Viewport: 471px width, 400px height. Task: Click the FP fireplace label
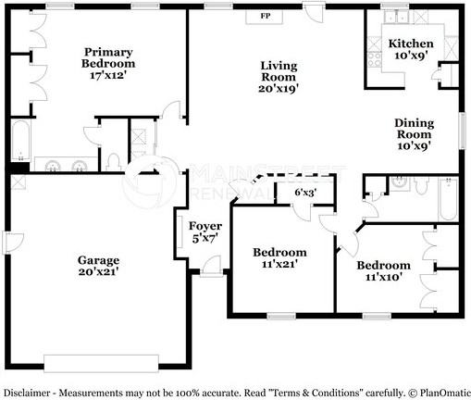click(266, 16)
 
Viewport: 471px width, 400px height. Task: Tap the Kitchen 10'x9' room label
click(411, 49)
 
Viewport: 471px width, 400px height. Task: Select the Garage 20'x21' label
click(98, 266)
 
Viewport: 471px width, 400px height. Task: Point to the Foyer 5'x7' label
click(205, 231)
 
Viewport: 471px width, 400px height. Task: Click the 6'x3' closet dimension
click(305, 193)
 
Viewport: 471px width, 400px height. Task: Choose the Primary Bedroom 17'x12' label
click(108, 63)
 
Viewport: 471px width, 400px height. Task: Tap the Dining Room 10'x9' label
click(415, 134)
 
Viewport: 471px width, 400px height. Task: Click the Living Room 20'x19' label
click(279, 77)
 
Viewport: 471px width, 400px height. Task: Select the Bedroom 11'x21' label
click(279, 258)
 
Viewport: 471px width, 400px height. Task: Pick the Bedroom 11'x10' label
click(383, 271)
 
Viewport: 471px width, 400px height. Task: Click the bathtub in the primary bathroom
click(21, 140)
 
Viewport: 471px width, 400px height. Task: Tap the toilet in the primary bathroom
click(114, 161)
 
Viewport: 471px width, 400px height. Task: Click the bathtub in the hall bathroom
click(449, 199)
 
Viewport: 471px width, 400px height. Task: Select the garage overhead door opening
click(101, 364)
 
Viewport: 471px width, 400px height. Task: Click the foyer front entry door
click(211, 266)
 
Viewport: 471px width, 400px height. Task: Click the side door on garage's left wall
click(13, 243)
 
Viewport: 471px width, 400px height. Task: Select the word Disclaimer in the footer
click(27, 393)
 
